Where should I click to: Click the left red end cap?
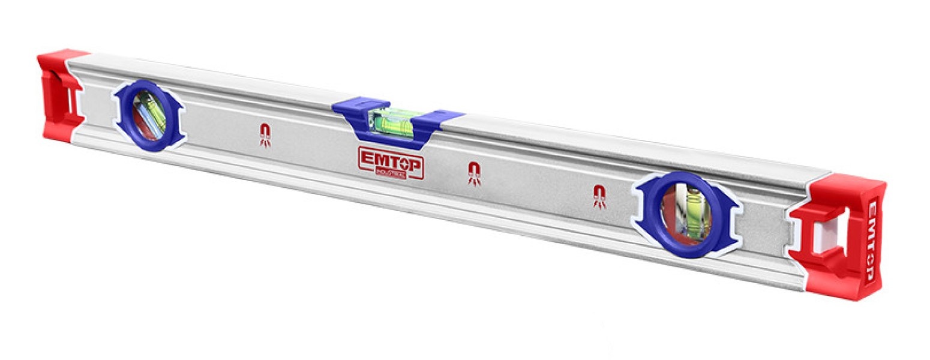click(58, 96)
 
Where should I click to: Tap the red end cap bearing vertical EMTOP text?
click(840, 237)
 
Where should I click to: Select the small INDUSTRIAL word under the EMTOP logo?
click(391, 173)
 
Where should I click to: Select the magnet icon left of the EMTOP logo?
click(265, 134)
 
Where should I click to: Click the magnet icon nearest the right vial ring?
click(599, 196)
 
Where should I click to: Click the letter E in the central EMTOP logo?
click(365, 158)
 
